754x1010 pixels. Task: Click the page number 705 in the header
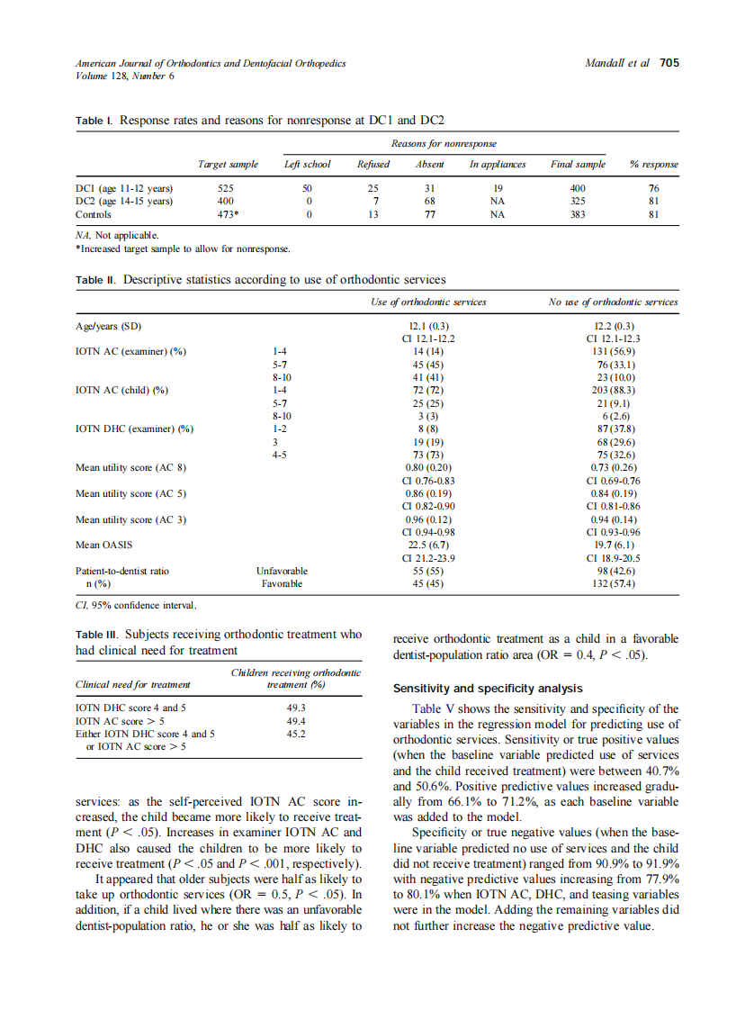click(x=669, y=63)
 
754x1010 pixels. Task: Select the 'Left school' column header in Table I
click(x=307, y=164)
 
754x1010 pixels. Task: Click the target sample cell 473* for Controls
click(x=229, y=215)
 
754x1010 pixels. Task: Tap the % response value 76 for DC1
click(x=654, y=189)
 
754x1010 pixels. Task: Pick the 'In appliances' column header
click(x=498, y=164)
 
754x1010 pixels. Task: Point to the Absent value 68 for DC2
click(x=430, y=202)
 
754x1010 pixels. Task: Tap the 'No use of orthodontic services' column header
click(x=614, y=302)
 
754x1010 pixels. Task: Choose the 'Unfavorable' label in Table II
click(x=282, y=571)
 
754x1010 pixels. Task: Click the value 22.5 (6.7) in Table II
click(x=428, y=544)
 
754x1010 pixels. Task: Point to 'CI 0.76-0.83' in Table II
click(x=428, y=481)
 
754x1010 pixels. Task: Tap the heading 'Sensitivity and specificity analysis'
click(x=488, y=689)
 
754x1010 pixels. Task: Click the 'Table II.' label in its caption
click(x=96, y=280)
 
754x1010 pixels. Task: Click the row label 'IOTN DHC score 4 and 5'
click(x=131, y=708)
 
